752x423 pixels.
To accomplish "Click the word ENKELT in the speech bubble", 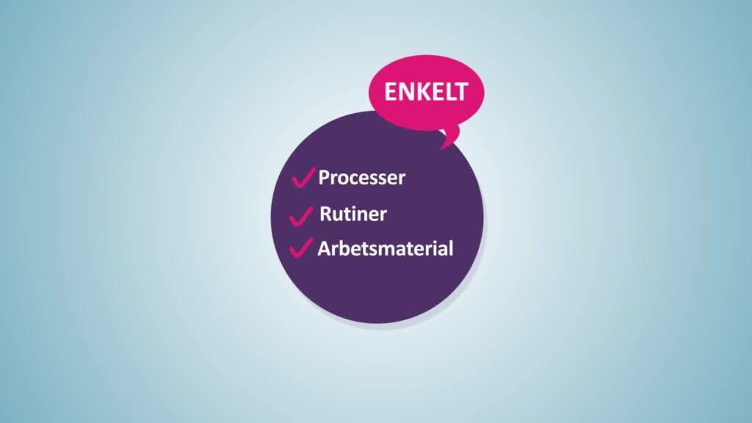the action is [425, 92].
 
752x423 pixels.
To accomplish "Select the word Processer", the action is [361, 178].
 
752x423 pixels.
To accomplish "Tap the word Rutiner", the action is [353, 214].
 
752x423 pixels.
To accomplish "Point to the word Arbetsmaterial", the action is [385, 248].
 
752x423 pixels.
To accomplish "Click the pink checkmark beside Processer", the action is [303, 178].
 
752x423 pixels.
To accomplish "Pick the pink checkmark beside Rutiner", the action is [301, 215].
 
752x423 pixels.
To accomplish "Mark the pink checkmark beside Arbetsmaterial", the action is [300, 247].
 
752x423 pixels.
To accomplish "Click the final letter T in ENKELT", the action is [460, 92].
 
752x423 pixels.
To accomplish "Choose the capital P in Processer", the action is [325, 177].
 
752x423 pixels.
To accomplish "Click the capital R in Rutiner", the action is [325, 214].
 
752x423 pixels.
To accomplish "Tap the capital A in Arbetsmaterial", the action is [324, 248].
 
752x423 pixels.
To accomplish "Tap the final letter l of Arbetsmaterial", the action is [451, 248].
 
